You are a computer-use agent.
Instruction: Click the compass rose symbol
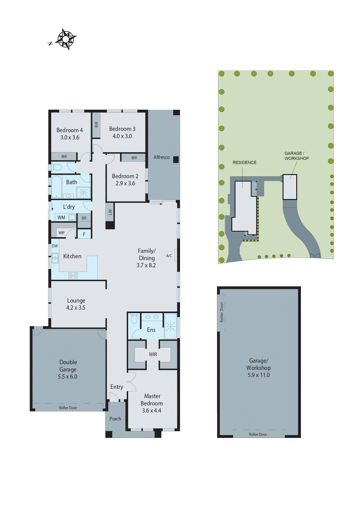(66, 39)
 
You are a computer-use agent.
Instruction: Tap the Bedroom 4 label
(69, 130)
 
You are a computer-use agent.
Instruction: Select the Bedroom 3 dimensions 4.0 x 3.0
(122, 136)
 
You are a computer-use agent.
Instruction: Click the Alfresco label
(161, 157)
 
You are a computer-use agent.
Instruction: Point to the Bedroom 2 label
(125, 176)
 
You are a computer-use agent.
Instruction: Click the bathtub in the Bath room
(56, 187)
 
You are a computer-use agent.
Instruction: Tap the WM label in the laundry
(61, 218)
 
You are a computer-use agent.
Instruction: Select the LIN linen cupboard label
(110, 212)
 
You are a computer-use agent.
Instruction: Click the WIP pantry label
(61, 233)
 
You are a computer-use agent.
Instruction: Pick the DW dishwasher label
(55, 246)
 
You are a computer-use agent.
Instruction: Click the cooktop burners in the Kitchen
(73, 276)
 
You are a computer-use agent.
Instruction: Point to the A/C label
(169, 256)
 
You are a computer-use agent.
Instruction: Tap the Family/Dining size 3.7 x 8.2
(146, 265)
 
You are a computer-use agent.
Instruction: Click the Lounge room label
(76, 300)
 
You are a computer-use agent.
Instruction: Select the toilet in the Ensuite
(134, 318)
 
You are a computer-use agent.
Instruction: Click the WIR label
(153, 354)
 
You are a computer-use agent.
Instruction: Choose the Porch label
(115, 419)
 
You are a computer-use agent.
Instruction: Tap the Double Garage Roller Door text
(68, 408)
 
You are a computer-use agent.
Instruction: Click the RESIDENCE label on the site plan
(244, 163)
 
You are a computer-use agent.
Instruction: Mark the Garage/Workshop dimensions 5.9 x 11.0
(258, 375)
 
